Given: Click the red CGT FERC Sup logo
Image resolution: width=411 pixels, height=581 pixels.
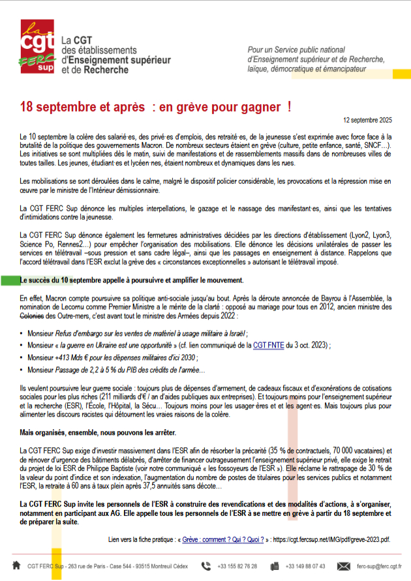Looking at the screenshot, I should pyautogui.click(x=38, y=48).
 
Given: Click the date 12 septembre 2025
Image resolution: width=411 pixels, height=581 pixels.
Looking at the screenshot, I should pyautogui.click(x=367, y=121).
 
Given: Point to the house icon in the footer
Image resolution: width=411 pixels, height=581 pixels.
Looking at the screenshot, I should pyautogui.click(x=16, y=565).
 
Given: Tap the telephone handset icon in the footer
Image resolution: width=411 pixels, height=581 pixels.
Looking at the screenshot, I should pyautogui.click(x=206, y=565).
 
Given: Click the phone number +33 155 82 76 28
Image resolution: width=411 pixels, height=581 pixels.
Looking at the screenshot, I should pyautogui.click(x=237, y=566).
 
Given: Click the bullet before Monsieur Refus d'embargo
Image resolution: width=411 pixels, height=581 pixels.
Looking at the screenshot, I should pyautogui.click(x=23, y=333).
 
